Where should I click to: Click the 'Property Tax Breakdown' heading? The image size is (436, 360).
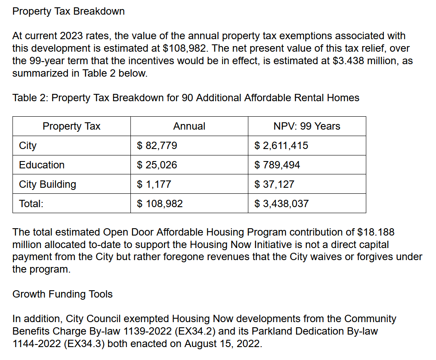pyautogui.click(x=68, y=11)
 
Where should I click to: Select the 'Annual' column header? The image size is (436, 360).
pyautogui.click(x=189, y=126)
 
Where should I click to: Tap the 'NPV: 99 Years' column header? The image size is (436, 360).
pyautogui.click(x=307, y=126)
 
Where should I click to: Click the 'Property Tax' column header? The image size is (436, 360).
pyautogui.click(x=71, y=126)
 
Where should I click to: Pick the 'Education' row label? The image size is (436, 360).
pyautogui.click(x=42, y=165)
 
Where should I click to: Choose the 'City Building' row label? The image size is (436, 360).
pyautogui.click(x=47, y=184)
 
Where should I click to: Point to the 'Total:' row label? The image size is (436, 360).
pyautogui.click(x=31, y=204)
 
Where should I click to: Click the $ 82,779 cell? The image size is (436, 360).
pyautogui.click(x=157, y=146)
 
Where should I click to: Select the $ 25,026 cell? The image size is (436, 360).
pyautogui.click(x=157, y=165)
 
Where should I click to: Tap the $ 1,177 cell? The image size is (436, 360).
pyautogui.click(x=154, y=184)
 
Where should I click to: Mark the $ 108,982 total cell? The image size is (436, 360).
pyautogui.click(x=160, y=204)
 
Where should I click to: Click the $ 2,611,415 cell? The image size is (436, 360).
pyautogui.click(x=281, y=146)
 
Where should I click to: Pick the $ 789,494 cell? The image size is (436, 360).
pyautogui.click(x=277, y=165)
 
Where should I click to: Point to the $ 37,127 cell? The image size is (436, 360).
pyautogui.click(x=274, y=184)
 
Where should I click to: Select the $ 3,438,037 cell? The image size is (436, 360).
pyautogui.click(x=281, y=204)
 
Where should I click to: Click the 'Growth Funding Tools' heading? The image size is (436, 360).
pyautogui.click(x=62, y=294)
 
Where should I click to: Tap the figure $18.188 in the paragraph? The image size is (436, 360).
pyautogui.click(x=376, y=232)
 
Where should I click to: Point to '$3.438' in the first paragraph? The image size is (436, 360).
pyautogui.click(x=348, y=61)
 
